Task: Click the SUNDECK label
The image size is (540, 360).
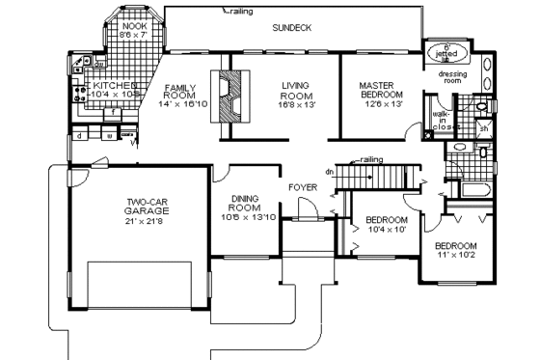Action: [x=292, y=28]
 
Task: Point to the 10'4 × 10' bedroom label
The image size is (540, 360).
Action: [x=388, y=226]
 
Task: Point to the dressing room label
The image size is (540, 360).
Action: [x=452, y=77]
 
